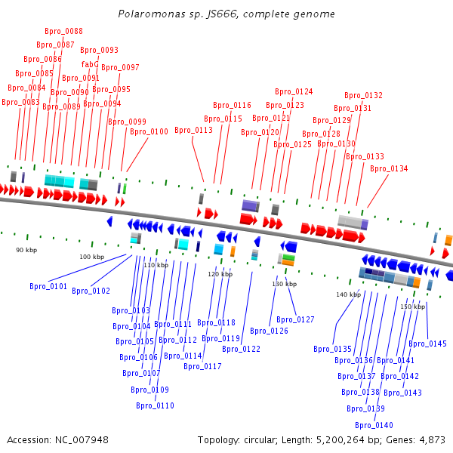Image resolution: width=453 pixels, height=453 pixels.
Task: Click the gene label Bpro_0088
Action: coord(64,31)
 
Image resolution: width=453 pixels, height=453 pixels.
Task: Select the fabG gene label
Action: coord(89,64)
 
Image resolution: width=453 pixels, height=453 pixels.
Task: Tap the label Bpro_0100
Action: coord(149,131)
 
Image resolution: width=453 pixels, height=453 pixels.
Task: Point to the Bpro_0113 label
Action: coord(193,130)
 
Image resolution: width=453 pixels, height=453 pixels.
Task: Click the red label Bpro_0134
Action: coord(389,168)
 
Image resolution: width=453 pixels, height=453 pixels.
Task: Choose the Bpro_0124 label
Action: coord(294,91)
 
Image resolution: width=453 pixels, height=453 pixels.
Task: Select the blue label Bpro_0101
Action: coord(48,286)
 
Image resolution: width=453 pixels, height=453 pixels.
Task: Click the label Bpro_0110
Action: coord(155,405)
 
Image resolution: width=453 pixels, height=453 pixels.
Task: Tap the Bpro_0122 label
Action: coord(241,349)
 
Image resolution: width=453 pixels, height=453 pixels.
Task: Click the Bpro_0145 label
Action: coord(427,344)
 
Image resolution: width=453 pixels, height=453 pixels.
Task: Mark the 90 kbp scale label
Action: coord(26,249)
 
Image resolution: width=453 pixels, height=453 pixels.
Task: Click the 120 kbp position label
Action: coord(220,274)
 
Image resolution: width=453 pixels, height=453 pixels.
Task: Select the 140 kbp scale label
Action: coord(349,294)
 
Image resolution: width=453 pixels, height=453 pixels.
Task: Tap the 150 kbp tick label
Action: coord(412,307)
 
